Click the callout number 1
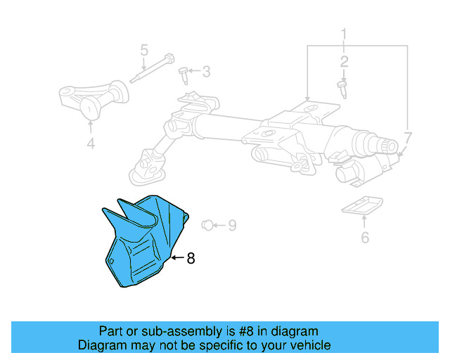(x=345, y=34)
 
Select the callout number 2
(x=345, y=62)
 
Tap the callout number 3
(x=206, y=71)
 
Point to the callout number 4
(x=90, y=146)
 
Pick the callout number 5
(x=144, y=50)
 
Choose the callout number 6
(x=364, y=237)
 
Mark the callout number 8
(x=191, y=259)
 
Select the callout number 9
(x=231, y=226)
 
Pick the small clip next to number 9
(x=206, y=225)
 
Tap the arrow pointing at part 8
(x=176, y=258)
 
